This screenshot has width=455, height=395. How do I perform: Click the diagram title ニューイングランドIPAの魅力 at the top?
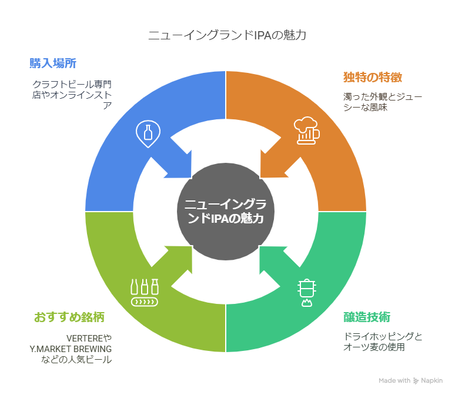pyautogui.click(x=227, y=35)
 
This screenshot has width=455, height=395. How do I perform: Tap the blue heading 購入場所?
pyautogui.click(x=53, y=63)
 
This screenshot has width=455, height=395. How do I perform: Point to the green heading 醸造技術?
pyautogui.click(x=366, y=317)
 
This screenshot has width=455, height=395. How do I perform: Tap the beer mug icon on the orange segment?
pyautogui.click(x=306, y=131)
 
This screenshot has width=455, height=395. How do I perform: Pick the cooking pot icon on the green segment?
pyautogui.click(x=306, y=292)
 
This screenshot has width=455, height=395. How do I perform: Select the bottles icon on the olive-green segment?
pyautogui.click(x=145, y=292)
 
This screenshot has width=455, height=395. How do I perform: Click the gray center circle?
pyautogui.click(x=226, y=211)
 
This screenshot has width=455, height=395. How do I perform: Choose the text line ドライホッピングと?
pyautogui.click(x=383, y=337)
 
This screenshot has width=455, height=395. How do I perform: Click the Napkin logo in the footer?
pyautogui.click(x=429, y=381)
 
